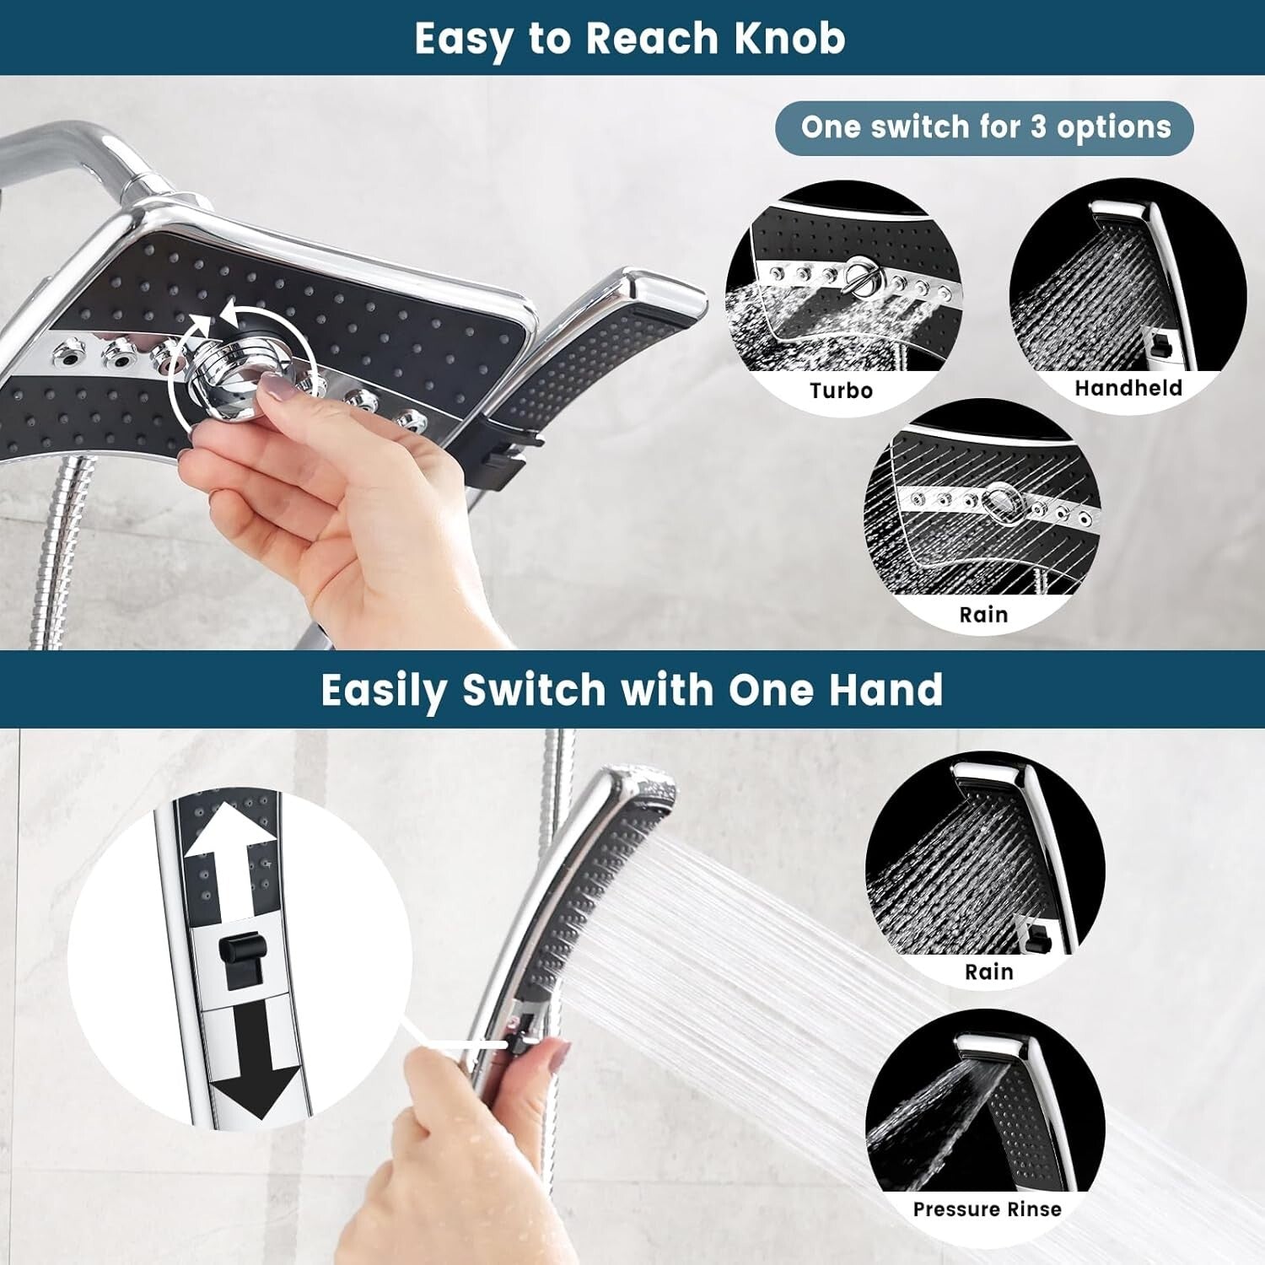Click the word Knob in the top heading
coord(789,39)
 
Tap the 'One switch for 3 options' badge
coord(984,128)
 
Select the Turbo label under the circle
coord(841,390)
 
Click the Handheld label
coord(1128,388)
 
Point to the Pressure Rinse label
coord(987,1209)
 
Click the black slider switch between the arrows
coord(242,960)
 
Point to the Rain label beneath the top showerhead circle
coord(983,615)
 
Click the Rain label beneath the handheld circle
coord(988,972)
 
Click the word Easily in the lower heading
coord(384,690)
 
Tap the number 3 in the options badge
coord(1039,128)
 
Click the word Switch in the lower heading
coord(534,690)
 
